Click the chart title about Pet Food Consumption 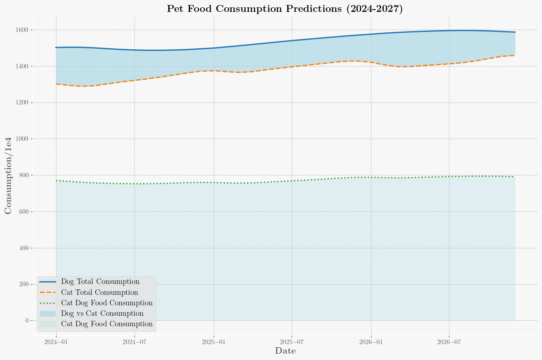click(x=285, y=9)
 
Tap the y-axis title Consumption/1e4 click(x=8, y=175)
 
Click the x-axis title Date click(x=285, y=351)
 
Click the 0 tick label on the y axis click(x=26, y=321)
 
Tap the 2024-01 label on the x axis click(x=57, y=342)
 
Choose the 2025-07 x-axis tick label click(x=292, y=342)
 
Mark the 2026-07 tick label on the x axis click(x=449, y=342)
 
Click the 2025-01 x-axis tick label click(x=214, y=342)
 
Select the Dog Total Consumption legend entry click(x=100, y=282)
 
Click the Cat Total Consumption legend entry click(x=99, y=292)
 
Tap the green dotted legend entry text click(x=107, y=303)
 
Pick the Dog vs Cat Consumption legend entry click(x=102, y=314)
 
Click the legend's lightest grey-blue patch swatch click(x=48, y=324)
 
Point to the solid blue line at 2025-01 click(x=214, y=48)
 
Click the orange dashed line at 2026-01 click(x=371, y=62)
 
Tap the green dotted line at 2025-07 click(x=292, y=181)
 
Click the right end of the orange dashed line click(x=515, y=55)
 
